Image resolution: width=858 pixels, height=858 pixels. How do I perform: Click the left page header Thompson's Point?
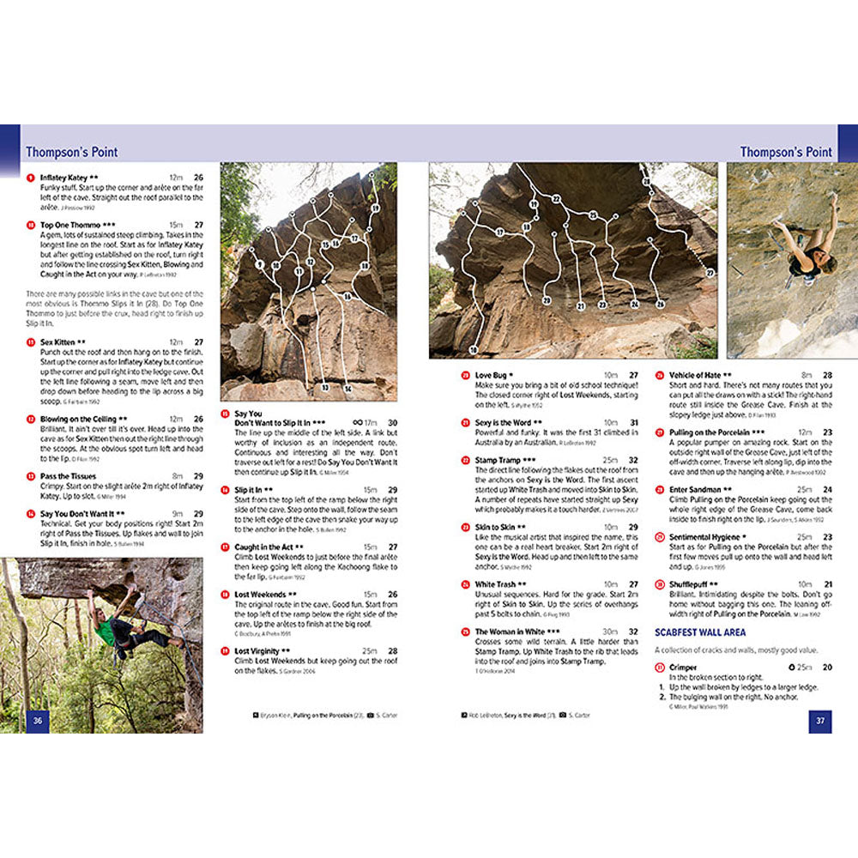pyautogui.click(x=71, y=152)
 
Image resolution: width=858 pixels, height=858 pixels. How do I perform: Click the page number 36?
pyautogui.click(x=38, y=721)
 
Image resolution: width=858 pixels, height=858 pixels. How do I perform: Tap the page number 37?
pyautogui.click(x=820, y=721)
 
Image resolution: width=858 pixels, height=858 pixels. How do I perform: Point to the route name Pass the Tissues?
pyautogui.click(x=69, y=475)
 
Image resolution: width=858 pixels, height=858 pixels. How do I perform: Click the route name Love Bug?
pyautogui.click(x=493, y=375)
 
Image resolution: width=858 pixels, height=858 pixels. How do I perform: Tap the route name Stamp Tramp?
pyautogui.click(x=498, y=460)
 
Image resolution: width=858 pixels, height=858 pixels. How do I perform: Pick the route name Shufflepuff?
pyautogui.click(x=690, y=583)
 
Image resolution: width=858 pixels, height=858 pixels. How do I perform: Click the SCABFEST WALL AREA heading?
pyautogui.click(x=700, y=632)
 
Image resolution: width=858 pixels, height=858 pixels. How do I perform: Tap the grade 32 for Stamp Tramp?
pyautogui.click(x=633, y=460)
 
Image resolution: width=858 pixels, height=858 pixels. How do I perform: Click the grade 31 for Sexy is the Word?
pyautogui.click(x=633, y=422)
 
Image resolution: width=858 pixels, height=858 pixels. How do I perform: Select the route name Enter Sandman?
pyautogui.click(x=695, y=489)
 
